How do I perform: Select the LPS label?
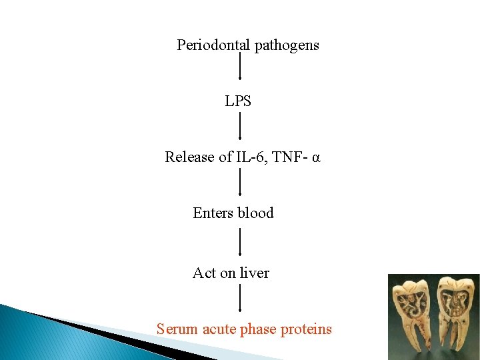coord(238,102)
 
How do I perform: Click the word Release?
coord(189,157)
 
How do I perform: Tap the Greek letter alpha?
coord(317,158)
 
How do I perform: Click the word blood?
coord(255,213)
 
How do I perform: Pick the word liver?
coord(254,273)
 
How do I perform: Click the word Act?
coord(204,273)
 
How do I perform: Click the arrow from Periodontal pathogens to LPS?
coord(240,67)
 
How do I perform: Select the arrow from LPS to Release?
coord(240,125)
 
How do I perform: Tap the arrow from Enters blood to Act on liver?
coord(240,241)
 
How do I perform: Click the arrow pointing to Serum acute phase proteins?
coord(240,299)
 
